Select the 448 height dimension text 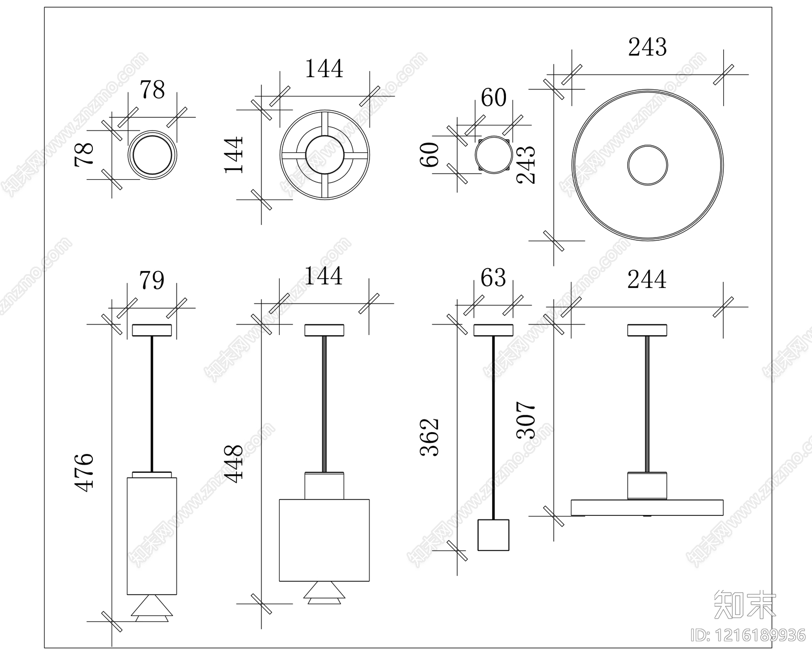coord(234,463)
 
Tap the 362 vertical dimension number coord(430,437)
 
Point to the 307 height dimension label coord(526,420)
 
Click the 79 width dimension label coord(152,280)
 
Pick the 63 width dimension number coord(493,278)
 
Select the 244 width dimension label coord(647,279)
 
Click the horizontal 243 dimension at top coord(647,47)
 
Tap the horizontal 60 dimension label coord(493,97)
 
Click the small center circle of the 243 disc coord(647,165)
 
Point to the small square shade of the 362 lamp coord(493,535)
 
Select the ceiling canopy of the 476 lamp coord(152,330)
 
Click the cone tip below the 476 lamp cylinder coord(152,608)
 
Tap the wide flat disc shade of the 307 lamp coord(647,507)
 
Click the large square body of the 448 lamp coord(324,540)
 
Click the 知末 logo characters coord(745,604)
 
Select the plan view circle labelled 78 coord(152,154)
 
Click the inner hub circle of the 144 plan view coord(324,154)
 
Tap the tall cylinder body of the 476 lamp coord(152,536)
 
